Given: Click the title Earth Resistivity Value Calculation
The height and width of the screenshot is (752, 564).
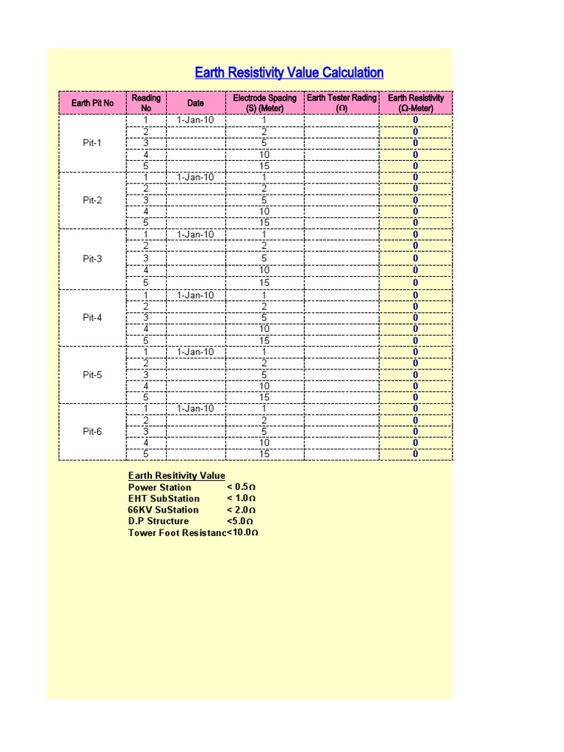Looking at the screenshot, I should pos(289,73).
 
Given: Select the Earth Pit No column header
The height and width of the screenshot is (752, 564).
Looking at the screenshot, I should pos(93,103).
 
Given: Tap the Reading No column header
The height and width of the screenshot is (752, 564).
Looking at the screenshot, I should pos(146,103).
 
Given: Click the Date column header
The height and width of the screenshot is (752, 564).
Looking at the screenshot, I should pos(195,103).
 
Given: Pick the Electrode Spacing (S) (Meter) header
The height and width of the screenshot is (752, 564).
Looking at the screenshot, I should pos(264,103).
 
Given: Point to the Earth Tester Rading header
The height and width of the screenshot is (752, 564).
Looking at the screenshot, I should pos(341,103).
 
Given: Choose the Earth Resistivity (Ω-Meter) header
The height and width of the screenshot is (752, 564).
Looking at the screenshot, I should pos(416,103).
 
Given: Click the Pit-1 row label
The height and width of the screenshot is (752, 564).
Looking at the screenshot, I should pos(93,143).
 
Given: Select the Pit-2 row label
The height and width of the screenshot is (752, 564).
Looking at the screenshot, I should pos(93,200).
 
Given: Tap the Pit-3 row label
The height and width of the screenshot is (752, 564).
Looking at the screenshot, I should pos(93,258).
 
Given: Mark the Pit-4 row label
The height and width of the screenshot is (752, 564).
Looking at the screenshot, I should pos(93,318).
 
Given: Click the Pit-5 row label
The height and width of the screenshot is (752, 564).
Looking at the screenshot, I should pos(93,375).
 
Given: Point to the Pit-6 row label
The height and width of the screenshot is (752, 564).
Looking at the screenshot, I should pos(93,432).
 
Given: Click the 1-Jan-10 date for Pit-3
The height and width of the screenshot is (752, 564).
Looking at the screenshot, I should pos(195,235).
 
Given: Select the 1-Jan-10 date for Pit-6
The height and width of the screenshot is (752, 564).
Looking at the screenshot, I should pos(195,408).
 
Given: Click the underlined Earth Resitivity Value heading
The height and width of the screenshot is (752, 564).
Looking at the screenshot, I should pos(177,476).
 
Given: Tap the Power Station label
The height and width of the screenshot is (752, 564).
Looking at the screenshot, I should pos(159,488).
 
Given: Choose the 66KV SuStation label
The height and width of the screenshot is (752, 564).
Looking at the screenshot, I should pos(163,510).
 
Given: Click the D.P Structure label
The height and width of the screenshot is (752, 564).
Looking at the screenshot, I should pos(159,521).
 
